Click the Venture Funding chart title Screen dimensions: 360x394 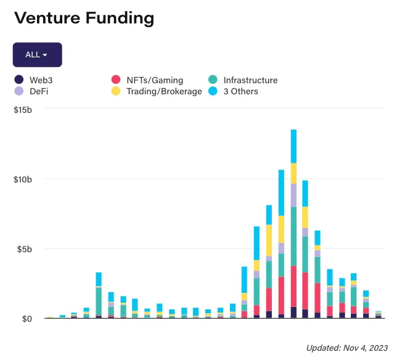(84, 18)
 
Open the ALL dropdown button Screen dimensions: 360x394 (37, 54)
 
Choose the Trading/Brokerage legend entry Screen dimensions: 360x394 (164, 91)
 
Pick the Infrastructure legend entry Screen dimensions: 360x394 (250, 80)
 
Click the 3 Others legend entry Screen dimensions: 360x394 (240, 91)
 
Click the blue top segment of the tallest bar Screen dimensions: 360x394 (293, 146)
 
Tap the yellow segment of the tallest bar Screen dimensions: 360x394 (293, 173)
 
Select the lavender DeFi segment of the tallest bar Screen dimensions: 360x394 (293, 195)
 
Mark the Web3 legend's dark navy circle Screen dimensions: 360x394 (18, 80)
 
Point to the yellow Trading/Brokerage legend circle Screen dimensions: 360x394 (115, 91)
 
